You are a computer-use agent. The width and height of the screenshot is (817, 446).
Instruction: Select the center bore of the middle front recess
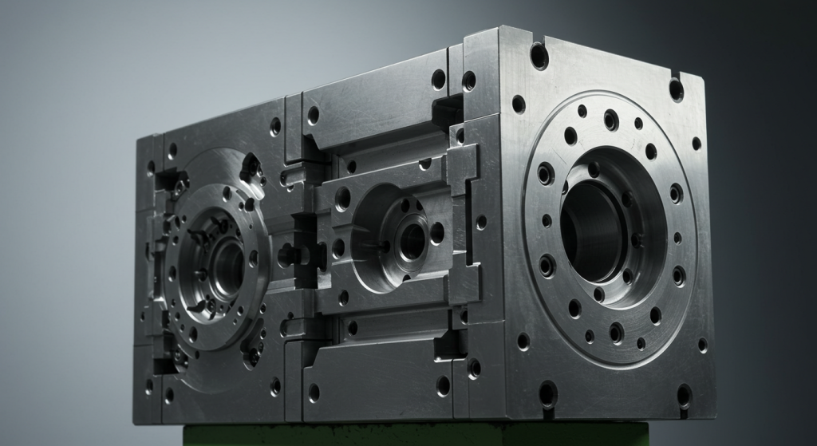tap(412, 239)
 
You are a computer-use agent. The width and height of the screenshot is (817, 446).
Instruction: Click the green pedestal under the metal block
tap(415, 435)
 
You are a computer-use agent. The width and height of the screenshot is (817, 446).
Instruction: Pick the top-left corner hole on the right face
tap(539, 55)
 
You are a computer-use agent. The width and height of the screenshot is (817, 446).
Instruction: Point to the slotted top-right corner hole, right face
tap(676, 89)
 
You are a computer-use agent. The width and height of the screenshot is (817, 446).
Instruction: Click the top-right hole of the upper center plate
tap(438, 78)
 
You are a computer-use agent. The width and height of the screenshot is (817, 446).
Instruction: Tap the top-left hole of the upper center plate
tap(313, 114)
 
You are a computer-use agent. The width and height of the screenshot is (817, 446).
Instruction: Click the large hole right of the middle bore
tap(437, 232)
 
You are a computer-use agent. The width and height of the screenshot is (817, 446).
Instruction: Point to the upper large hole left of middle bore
tap(342, 199)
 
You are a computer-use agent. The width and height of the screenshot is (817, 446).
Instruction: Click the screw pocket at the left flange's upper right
tap(251, 168)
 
